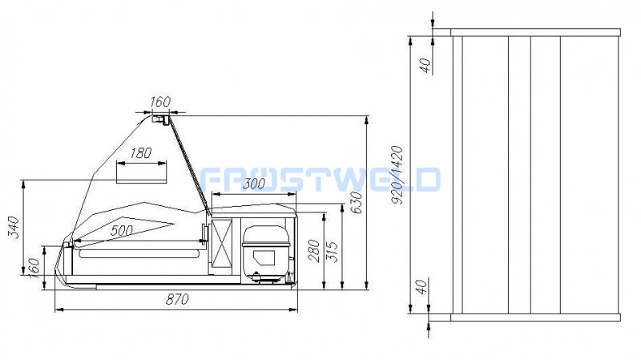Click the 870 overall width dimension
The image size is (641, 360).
click(177, 299)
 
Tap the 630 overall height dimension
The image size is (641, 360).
click(357, 203)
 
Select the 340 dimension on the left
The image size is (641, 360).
click(14, 228)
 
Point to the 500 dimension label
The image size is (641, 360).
click(122, 230)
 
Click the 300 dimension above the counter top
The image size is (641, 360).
click(254, 184)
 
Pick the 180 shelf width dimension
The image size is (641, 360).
click(141, 153)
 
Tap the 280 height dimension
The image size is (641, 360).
click(314, 251)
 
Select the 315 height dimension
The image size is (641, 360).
click(333, 252)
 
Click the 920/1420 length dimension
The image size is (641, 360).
click(397, 175)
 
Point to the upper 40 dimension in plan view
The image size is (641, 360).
click(425, 66)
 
